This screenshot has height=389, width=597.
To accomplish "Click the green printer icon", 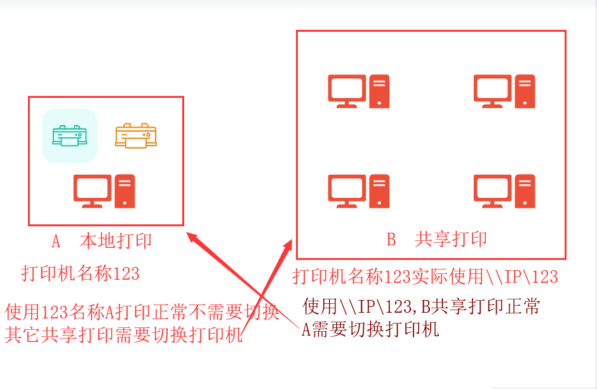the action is point(70,135).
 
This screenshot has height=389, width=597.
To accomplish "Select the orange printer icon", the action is point(136,135).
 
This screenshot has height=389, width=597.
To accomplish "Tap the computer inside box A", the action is point(104,191).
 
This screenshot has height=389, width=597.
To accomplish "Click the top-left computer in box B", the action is point(359,92).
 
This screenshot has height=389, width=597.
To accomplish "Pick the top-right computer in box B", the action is point(504,92).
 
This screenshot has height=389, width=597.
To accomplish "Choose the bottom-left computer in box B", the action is point(359,191).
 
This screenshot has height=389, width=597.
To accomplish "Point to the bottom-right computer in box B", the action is point(504,191).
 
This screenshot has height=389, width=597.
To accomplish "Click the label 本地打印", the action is point(116,241).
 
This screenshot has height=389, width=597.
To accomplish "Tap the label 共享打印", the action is point(451,239).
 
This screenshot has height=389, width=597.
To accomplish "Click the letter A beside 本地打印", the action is point(56,242).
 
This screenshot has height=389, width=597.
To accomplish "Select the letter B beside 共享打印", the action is point(391,240).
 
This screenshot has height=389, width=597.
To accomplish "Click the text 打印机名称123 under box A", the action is point(80,273).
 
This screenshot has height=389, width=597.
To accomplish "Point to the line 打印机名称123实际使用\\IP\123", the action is point(426,276).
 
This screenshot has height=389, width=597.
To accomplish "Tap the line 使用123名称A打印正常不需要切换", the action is point(142,312).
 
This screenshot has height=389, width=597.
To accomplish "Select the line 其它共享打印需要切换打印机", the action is point(124,335).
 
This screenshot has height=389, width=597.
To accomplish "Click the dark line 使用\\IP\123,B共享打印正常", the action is point(421,306).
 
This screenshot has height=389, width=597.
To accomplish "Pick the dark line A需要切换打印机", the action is point(370,329).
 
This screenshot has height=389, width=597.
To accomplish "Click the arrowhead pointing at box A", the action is point(193,238).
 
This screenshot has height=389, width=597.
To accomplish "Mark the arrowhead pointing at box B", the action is point(288,247).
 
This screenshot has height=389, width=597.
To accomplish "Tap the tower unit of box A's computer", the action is point(125,191).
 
